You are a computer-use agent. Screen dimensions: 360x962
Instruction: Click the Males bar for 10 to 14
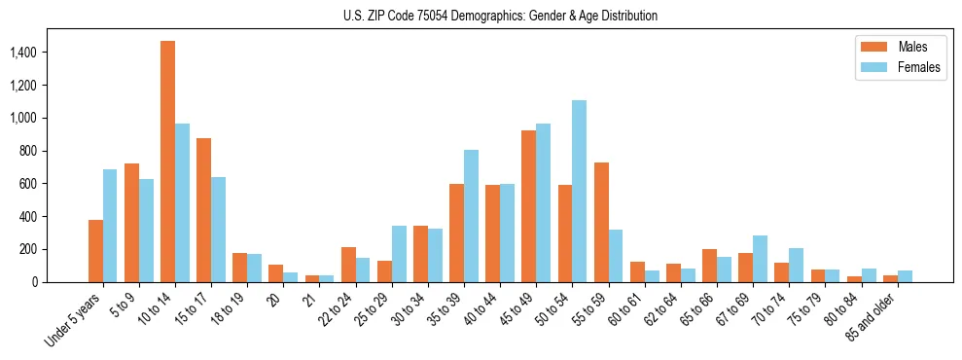pyautogui.click(x=168, y=162)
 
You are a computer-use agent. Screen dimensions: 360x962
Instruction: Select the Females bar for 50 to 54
pyautogui.click(x=579, y=191)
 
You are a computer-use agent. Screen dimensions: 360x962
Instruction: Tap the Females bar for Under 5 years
pyautogui.click(x=110, y=226)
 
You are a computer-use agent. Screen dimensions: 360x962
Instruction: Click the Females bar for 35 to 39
pyautogui.click(x=471, y=216)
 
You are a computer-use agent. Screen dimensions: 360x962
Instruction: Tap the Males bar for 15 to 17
pyautogui.click(x=204, y=210)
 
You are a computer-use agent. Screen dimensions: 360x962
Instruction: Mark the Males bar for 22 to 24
pyautogui.click(x=348, y=265)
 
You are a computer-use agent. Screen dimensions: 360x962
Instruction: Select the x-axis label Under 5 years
pyautogui.click(x=74, y=319)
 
